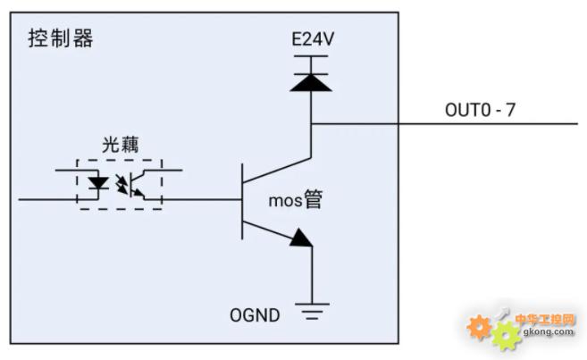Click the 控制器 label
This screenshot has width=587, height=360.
(x=61, y=38)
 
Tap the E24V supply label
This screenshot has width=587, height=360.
(x=313, y=39)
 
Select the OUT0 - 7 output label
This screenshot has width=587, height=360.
(x=481, y=110)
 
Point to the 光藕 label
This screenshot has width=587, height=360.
(x=121, y=145)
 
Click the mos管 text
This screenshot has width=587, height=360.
(x=296, y=200)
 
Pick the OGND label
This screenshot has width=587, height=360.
(x=255, y=315)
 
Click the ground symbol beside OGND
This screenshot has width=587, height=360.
(x=312, y=312)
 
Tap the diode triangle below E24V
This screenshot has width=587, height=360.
(x=311, y=83)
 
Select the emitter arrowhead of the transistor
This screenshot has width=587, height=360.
(x=302, y=238)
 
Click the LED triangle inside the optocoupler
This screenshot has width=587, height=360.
(x=98, y=183)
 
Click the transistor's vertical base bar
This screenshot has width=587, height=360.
(x=242, y=201)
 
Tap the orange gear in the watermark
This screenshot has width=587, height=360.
(x=479, y=327)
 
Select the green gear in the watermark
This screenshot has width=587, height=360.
(x=506, y=336)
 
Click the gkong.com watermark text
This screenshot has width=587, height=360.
(x=549, y=331)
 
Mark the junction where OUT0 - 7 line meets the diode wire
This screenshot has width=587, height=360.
(x=311, y=123)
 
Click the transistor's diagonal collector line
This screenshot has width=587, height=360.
(x=277, y=170)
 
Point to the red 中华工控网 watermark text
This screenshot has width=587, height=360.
(x=545, y=319)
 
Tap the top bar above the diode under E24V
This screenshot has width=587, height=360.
(x=311, y=56)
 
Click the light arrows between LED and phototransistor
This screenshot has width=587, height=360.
(x=122, y=184)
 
